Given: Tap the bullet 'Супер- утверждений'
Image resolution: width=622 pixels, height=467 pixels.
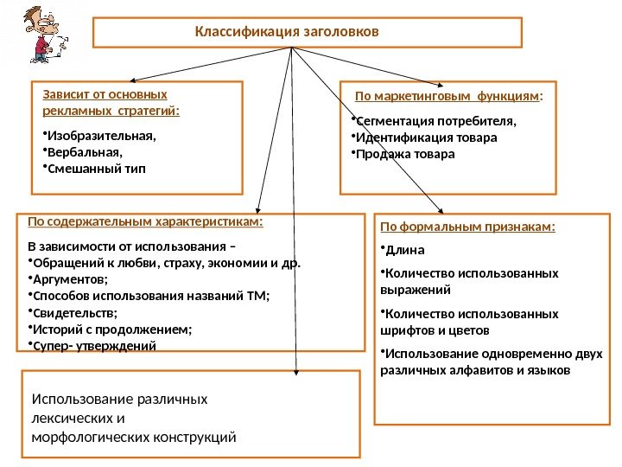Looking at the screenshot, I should pyautogui.click(x=94, y=346).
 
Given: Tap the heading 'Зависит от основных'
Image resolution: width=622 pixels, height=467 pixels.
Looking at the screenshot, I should pyautogui.click(x=105, y=94).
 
